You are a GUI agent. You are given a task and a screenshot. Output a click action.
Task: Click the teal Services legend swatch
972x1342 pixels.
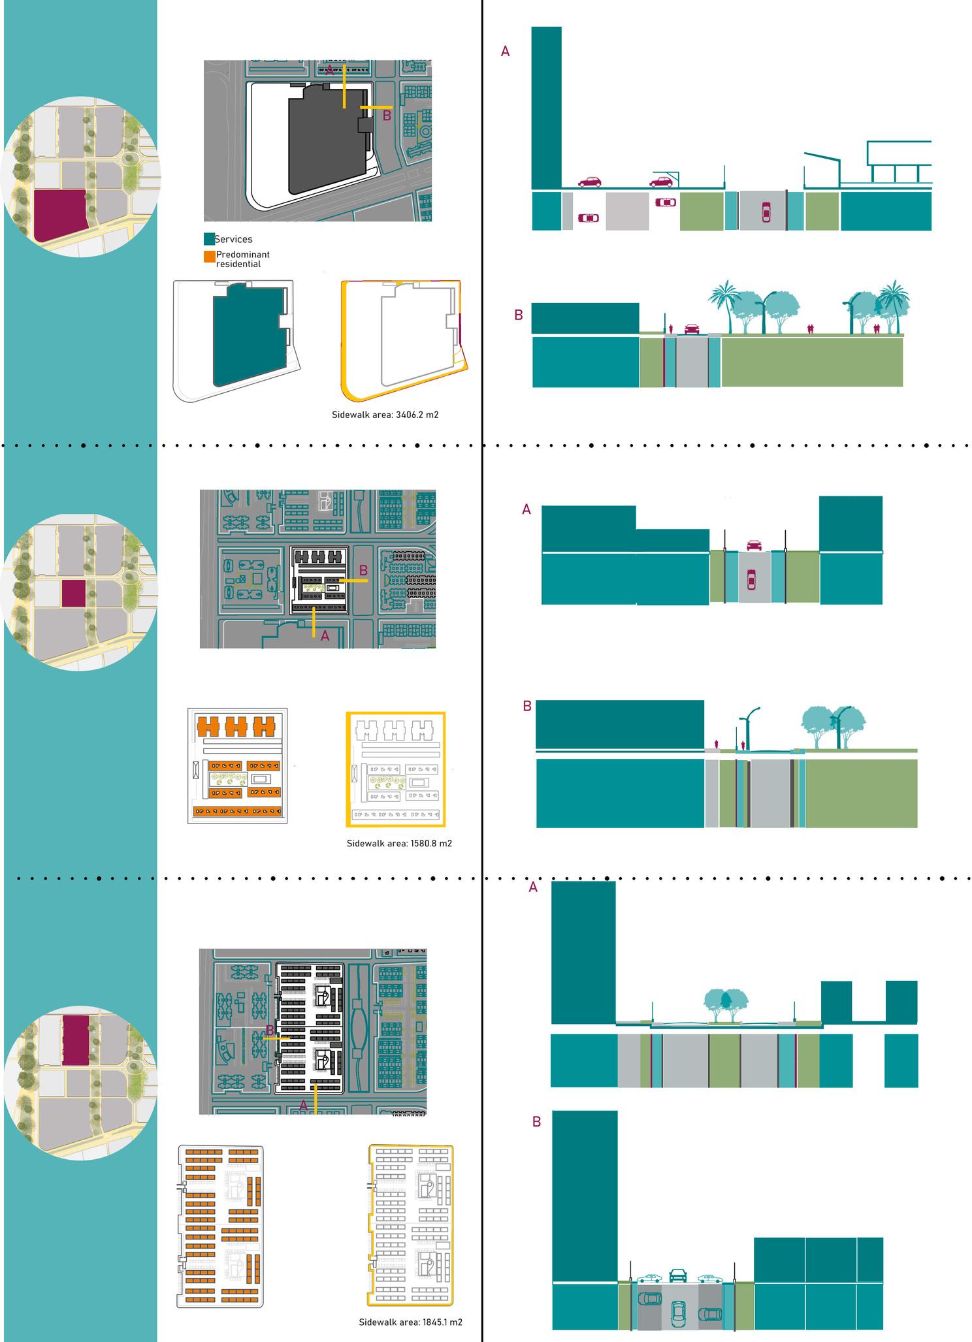coord(209,239)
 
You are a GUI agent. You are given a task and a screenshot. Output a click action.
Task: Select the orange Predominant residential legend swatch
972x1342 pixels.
coord(209,258)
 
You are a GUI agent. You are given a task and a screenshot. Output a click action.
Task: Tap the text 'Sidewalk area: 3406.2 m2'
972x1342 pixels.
coord(385,414)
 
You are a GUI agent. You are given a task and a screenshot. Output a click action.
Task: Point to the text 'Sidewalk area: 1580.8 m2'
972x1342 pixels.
coord(399,843)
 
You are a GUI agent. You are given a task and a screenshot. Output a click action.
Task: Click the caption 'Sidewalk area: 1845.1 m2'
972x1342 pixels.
coord(410,1322)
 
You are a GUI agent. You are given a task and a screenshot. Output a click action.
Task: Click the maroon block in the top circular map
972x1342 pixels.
coord(60,215)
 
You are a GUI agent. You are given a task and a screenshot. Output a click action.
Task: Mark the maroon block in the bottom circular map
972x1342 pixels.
coord(76,1040)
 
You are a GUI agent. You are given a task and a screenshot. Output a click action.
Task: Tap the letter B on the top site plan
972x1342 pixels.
coord(387,116)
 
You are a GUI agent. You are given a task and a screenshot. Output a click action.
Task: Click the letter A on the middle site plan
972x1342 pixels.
coord(325,635)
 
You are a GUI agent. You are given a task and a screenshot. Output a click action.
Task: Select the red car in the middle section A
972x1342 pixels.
coord(753,545)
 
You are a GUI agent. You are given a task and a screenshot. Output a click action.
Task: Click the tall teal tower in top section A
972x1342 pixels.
coord(546,108)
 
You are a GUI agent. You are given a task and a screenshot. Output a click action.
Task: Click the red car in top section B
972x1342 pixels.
coord(692,328)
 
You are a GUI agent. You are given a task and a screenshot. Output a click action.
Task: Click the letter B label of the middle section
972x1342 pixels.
coord(527,706)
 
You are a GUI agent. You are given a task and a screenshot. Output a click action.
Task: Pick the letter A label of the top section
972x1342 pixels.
coord(505,51)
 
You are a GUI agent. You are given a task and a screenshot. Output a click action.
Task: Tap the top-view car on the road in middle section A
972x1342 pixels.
coord(751,579)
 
